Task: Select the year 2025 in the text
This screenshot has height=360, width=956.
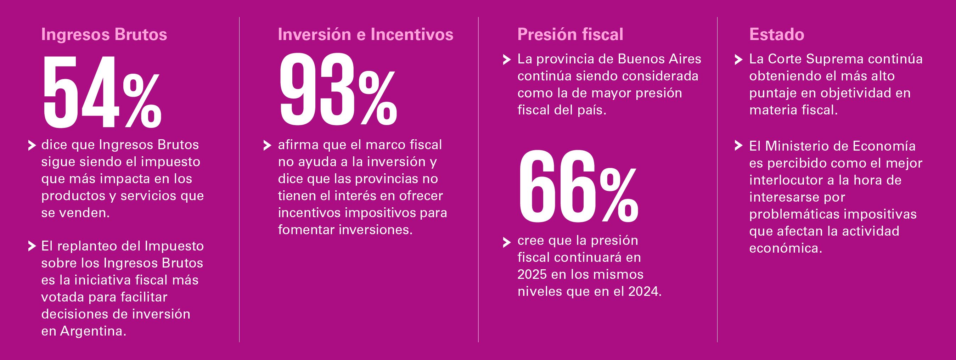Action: [532, 275]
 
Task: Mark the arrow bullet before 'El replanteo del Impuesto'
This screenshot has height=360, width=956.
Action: [32, 246]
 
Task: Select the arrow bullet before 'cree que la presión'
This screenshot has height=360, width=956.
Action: [507, 242]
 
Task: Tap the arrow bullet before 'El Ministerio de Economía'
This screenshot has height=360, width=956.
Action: [738, 146]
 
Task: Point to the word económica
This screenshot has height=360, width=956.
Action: [786, 248]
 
